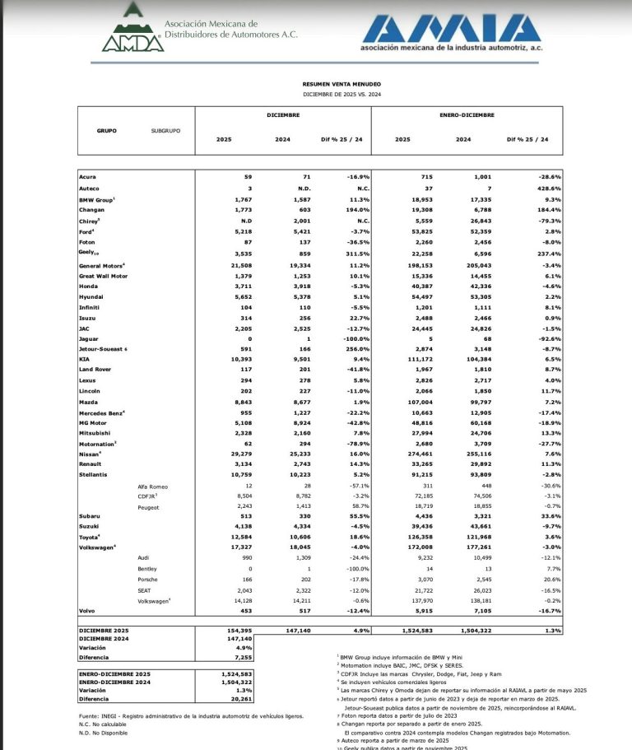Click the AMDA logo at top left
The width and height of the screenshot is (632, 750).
131,30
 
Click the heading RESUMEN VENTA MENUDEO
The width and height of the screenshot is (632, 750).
342,84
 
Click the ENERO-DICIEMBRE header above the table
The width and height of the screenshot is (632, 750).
466,115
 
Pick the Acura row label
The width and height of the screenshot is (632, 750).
87,177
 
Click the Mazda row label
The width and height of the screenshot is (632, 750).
90,402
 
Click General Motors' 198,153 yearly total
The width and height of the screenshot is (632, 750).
397,267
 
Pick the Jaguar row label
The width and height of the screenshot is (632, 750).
90,338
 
